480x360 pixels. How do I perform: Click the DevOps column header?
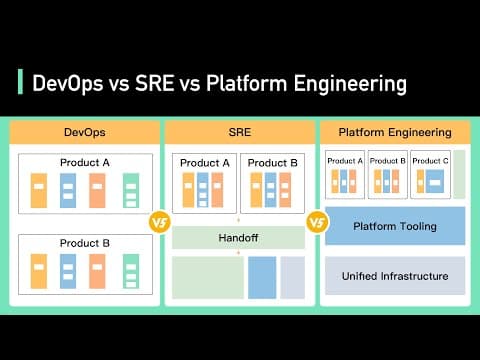(84, 132)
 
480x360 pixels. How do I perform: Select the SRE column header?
(240, 132)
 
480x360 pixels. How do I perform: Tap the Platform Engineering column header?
(394, 132)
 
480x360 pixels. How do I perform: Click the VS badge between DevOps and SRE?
(158, 222)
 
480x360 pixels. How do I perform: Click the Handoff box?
(239, 238)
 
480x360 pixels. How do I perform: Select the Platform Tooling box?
(395, 226)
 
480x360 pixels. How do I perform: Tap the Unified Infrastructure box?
(395, 276)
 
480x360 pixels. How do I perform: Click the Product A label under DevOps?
(84, 163)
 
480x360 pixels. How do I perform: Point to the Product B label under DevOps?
(84, 243)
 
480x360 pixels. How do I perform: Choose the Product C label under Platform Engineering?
(429, 160)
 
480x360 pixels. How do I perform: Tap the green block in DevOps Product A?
(130, 190)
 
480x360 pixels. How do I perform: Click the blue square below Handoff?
(262, 277)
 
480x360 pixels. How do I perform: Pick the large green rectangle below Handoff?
(207, 277)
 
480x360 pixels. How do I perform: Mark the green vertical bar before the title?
(20, 82)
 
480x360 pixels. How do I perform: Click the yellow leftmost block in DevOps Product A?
(38, 190)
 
